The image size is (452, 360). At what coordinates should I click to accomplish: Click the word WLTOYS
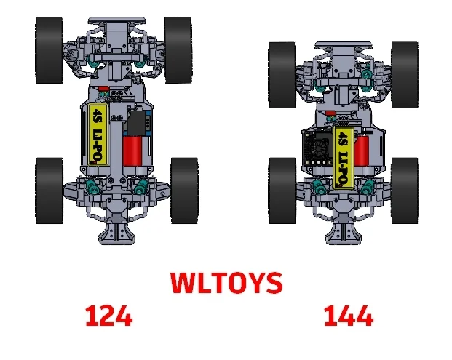(x=226, y=283)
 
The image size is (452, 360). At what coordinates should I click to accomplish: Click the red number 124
(x=108, y=316)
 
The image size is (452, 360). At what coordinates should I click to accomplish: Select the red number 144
(x=348, y=316)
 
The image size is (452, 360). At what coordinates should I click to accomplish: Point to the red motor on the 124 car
(x=133, y=151)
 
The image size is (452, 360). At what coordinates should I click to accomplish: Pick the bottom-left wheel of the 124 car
(x=48, y=191)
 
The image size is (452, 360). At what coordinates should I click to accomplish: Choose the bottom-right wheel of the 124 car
(x=183, y=191)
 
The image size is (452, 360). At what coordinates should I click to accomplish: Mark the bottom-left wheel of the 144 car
(x=281, y=191)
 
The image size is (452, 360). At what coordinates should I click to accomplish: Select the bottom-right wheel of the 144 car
(x=405, y=191)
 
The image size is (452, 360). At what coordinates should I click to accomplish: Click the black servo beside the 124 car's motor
(x=135, y=120)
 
